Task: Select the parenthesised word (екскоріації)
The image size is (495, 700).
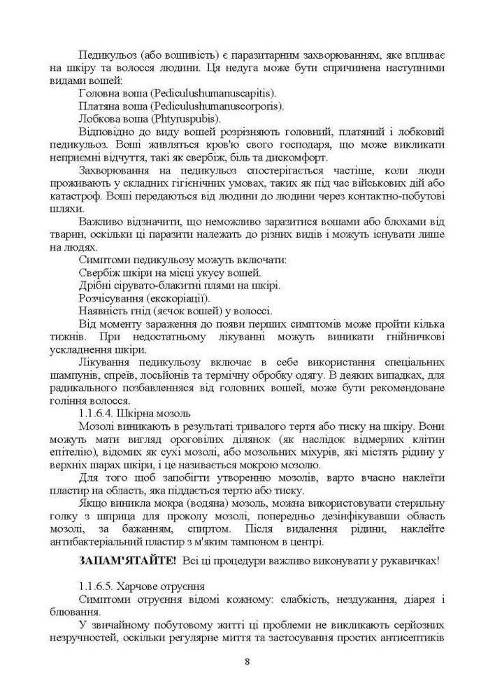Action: (178, 299)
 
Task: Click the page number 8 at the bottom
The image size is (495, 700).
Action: (247, 661)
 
